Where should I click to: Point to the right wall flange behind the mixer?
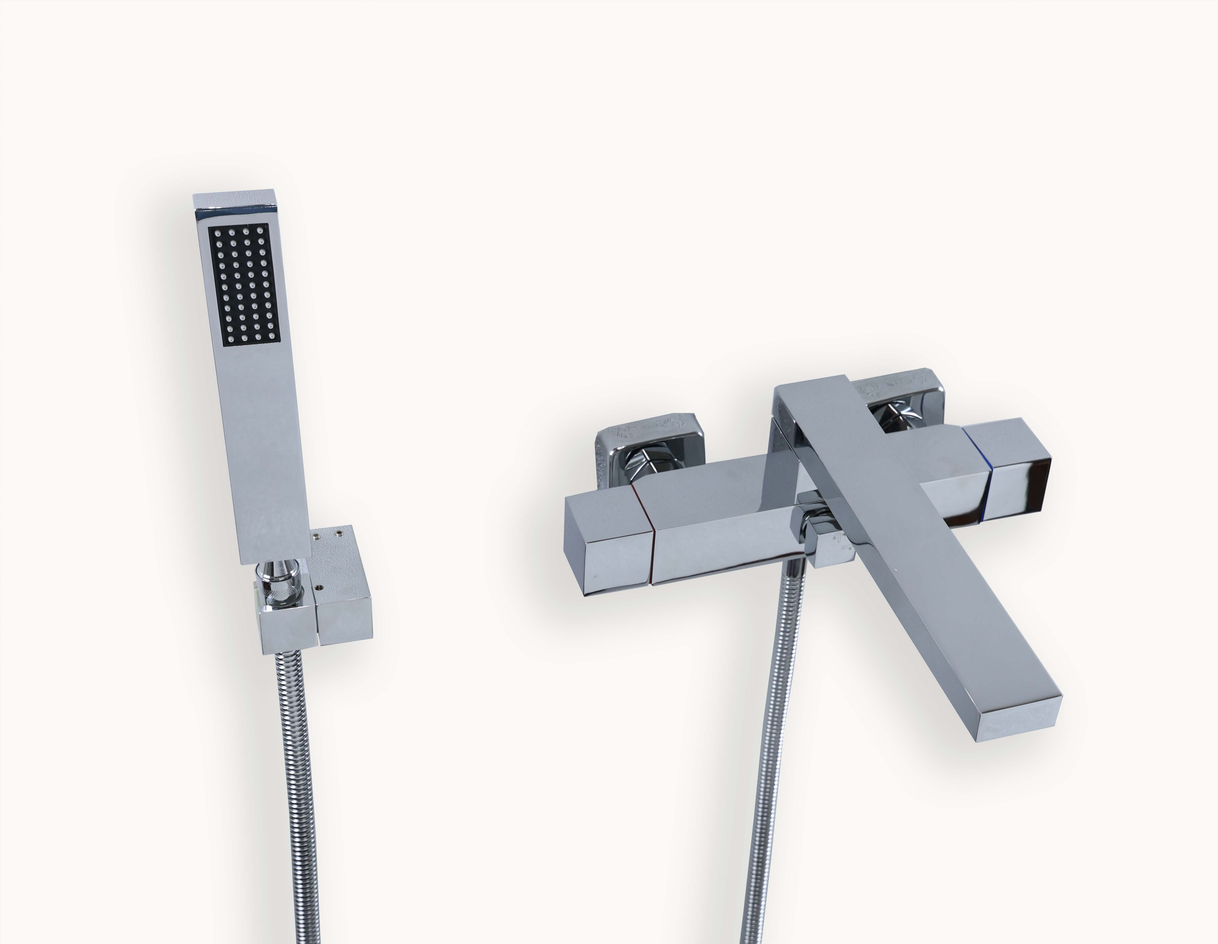pos(903,396)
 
